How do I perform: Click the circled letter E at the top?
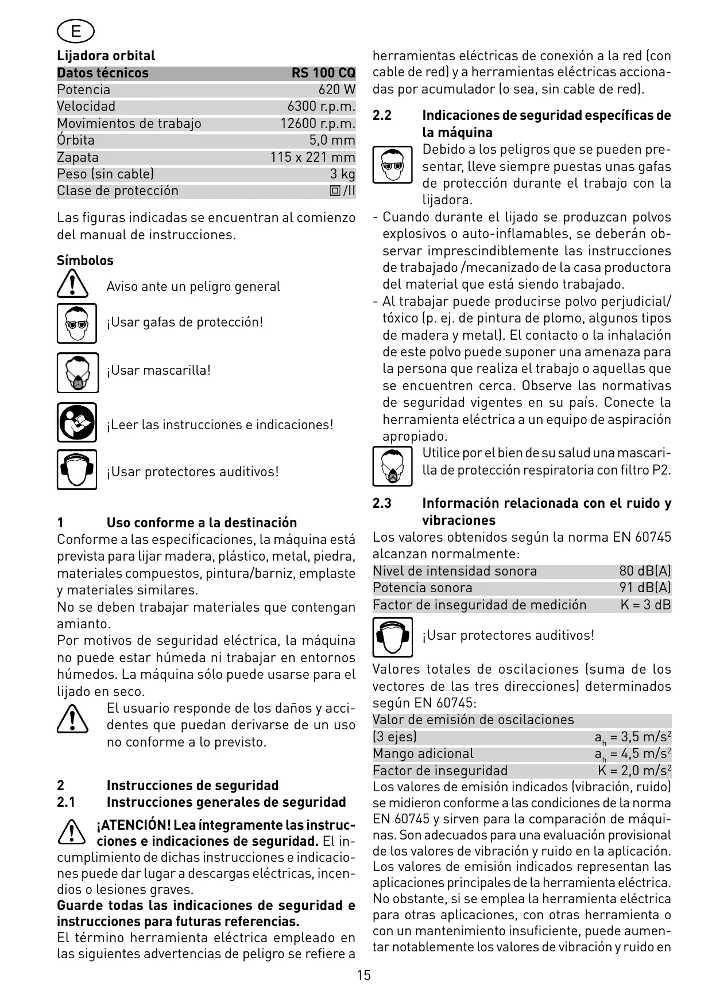[x=76, y=32]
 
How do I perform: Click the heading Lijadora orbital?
[x=106, y=56]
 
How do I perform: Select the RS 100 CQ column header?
[x=323, y=73]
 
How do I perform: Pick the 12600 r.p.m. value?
[x=318, y=123]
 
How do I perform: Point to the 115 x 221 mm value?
[x=313, y=157]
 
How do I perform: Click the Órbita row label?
[x=76, y=140]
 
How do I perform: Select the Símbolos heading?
[x=85, y=261]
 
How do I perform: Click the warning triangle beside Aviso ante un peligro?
[x=72, y=285]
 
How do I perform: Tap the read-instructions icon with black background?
[x=77, y=422]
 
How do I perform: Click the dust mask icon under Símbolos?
[x=78, y=373]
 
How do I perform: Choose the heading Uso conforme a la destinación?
[x=202, y=523]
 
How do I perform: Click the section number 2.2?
[x=382, y=115]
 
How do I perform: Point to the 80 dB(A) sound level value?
[x=645, y=571]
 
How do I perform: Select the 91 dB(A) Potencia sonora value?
[x=645, y=588]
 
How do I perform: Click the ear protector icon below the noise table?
[x=392, y=637]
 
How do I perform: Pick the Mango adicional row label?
[x=423, y=753]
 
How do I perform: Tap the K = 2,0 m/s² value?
[x=634, y=771]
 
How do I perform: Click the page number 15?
[x=363, y=975]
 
